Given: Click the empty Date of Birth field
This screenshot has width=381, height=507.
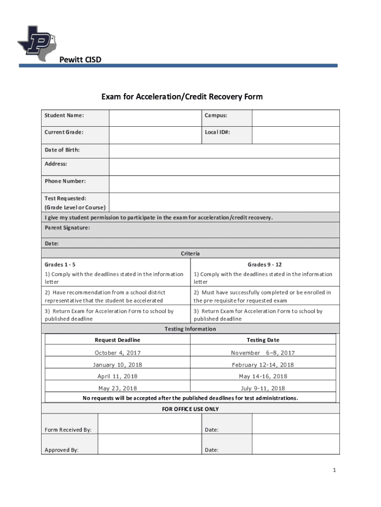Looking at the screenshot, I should [224, 151].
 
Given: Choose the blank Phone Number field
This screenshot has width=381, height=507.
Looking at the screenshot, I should [224, 184].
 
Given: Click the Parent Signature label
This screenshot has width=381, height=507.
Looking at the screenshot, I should [67, 228].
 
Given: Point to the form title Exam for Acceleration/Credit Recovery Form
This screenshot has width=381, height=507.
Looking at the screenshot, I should [182, 97].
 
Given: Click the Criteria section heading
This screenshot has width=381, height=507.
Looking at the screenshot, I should [190, 253].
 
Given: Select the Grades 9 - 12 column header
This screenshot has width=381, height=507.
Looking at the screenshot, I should [265, 264].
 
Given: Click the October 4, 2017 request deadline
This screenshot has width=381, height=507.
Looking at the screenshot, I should [117, 353].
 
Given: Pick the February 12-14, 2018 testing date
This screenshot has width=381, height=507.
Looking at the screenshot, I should [263, 365].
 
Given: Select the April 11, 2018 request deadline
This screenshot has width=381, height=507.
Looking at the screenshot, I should [117, 377].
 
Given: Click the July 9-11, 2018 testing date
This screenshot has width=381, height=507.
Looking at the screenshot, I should [263, 389].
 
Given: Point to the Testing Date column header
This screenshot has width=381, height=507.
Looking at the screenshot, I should [263, 340].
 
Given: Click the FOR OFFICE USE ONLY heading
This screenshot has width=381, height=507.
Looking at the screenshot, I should [190, 409].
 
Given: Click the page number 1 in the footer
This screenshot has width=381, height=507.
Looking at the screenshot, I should [334, 470].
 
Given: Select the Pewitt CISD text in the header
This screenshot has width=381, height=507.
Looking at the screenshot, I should [80, 60].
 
